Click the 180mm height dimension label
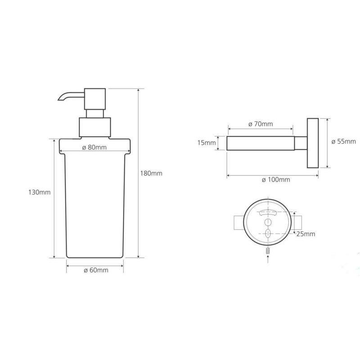click(151, 173)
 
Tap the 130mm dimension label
click(39, 192)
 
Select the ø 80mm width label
click(94, 148)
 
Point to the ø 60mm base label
click(96, 270)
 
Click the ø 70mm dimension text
click(261, 124)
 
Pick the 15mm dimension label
click(207, 143)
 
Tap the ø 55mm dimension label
click(343, 141)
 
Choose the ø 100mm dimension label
click(276, 180)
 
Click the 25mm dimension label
click(306, 234)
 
